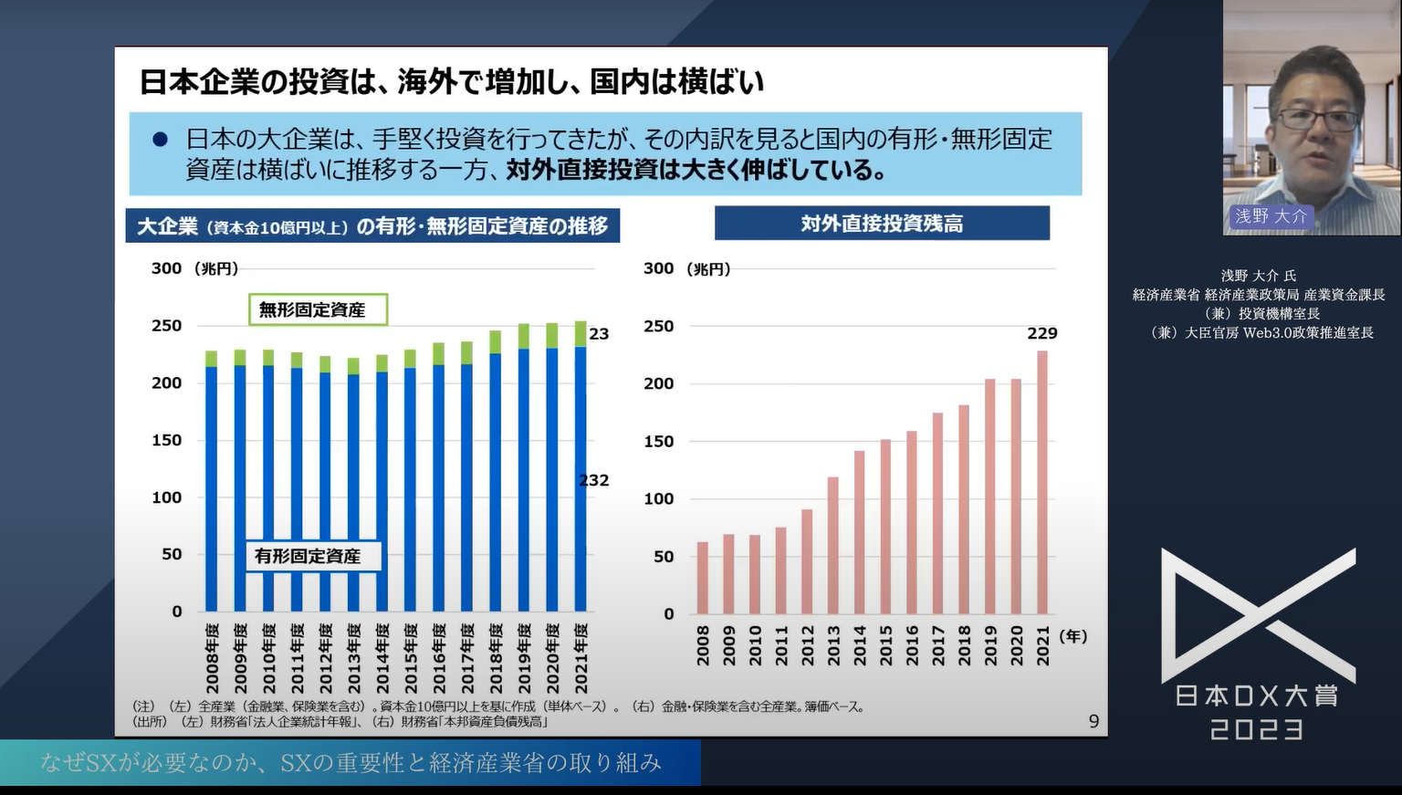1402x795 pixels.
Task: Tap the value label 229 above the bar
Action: (x=1041, y=334)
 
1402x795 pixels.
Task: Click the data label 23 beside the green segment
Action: (x=599, y=334)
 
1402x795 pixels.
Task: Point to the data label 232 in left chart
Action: (x=594, y=480)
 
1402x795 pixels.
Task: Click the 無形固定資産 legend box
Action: (x=318, y=309)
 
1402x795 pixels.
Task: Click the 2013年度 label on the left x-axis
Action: (x=354, y=658)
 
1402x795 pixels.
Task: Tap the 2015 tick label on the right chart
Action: (x=885, y=644)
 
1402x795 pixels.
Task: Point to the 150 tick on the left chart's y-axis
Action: (x=166, y=440)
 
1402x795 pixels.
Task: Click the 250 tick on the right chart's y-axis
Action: (x=658, y=326)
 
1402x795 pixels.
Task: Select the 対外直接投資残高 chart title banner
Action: (x=882, y=224)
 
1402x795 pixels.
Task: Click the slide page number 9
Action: (x=1093, y=722)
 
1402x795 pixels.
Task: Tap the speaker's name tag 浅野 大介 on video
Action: (x=1271, y=216)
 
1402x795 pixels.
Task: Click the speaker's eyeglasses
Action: (x=1317, y=119)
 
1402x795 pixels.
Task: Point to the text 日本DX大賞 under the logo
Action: (x=1257, y=696)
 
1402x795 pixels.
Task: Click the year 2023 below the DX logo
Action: (x=1257, y=729)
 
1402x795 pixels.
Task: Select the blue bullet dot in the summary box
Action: (x=161, y=140)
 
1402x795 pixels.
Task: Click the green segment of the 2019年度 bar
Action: (x=524, y=336)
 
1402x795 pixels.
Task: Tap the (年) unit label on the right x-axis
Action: (x=1072, y=636)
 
